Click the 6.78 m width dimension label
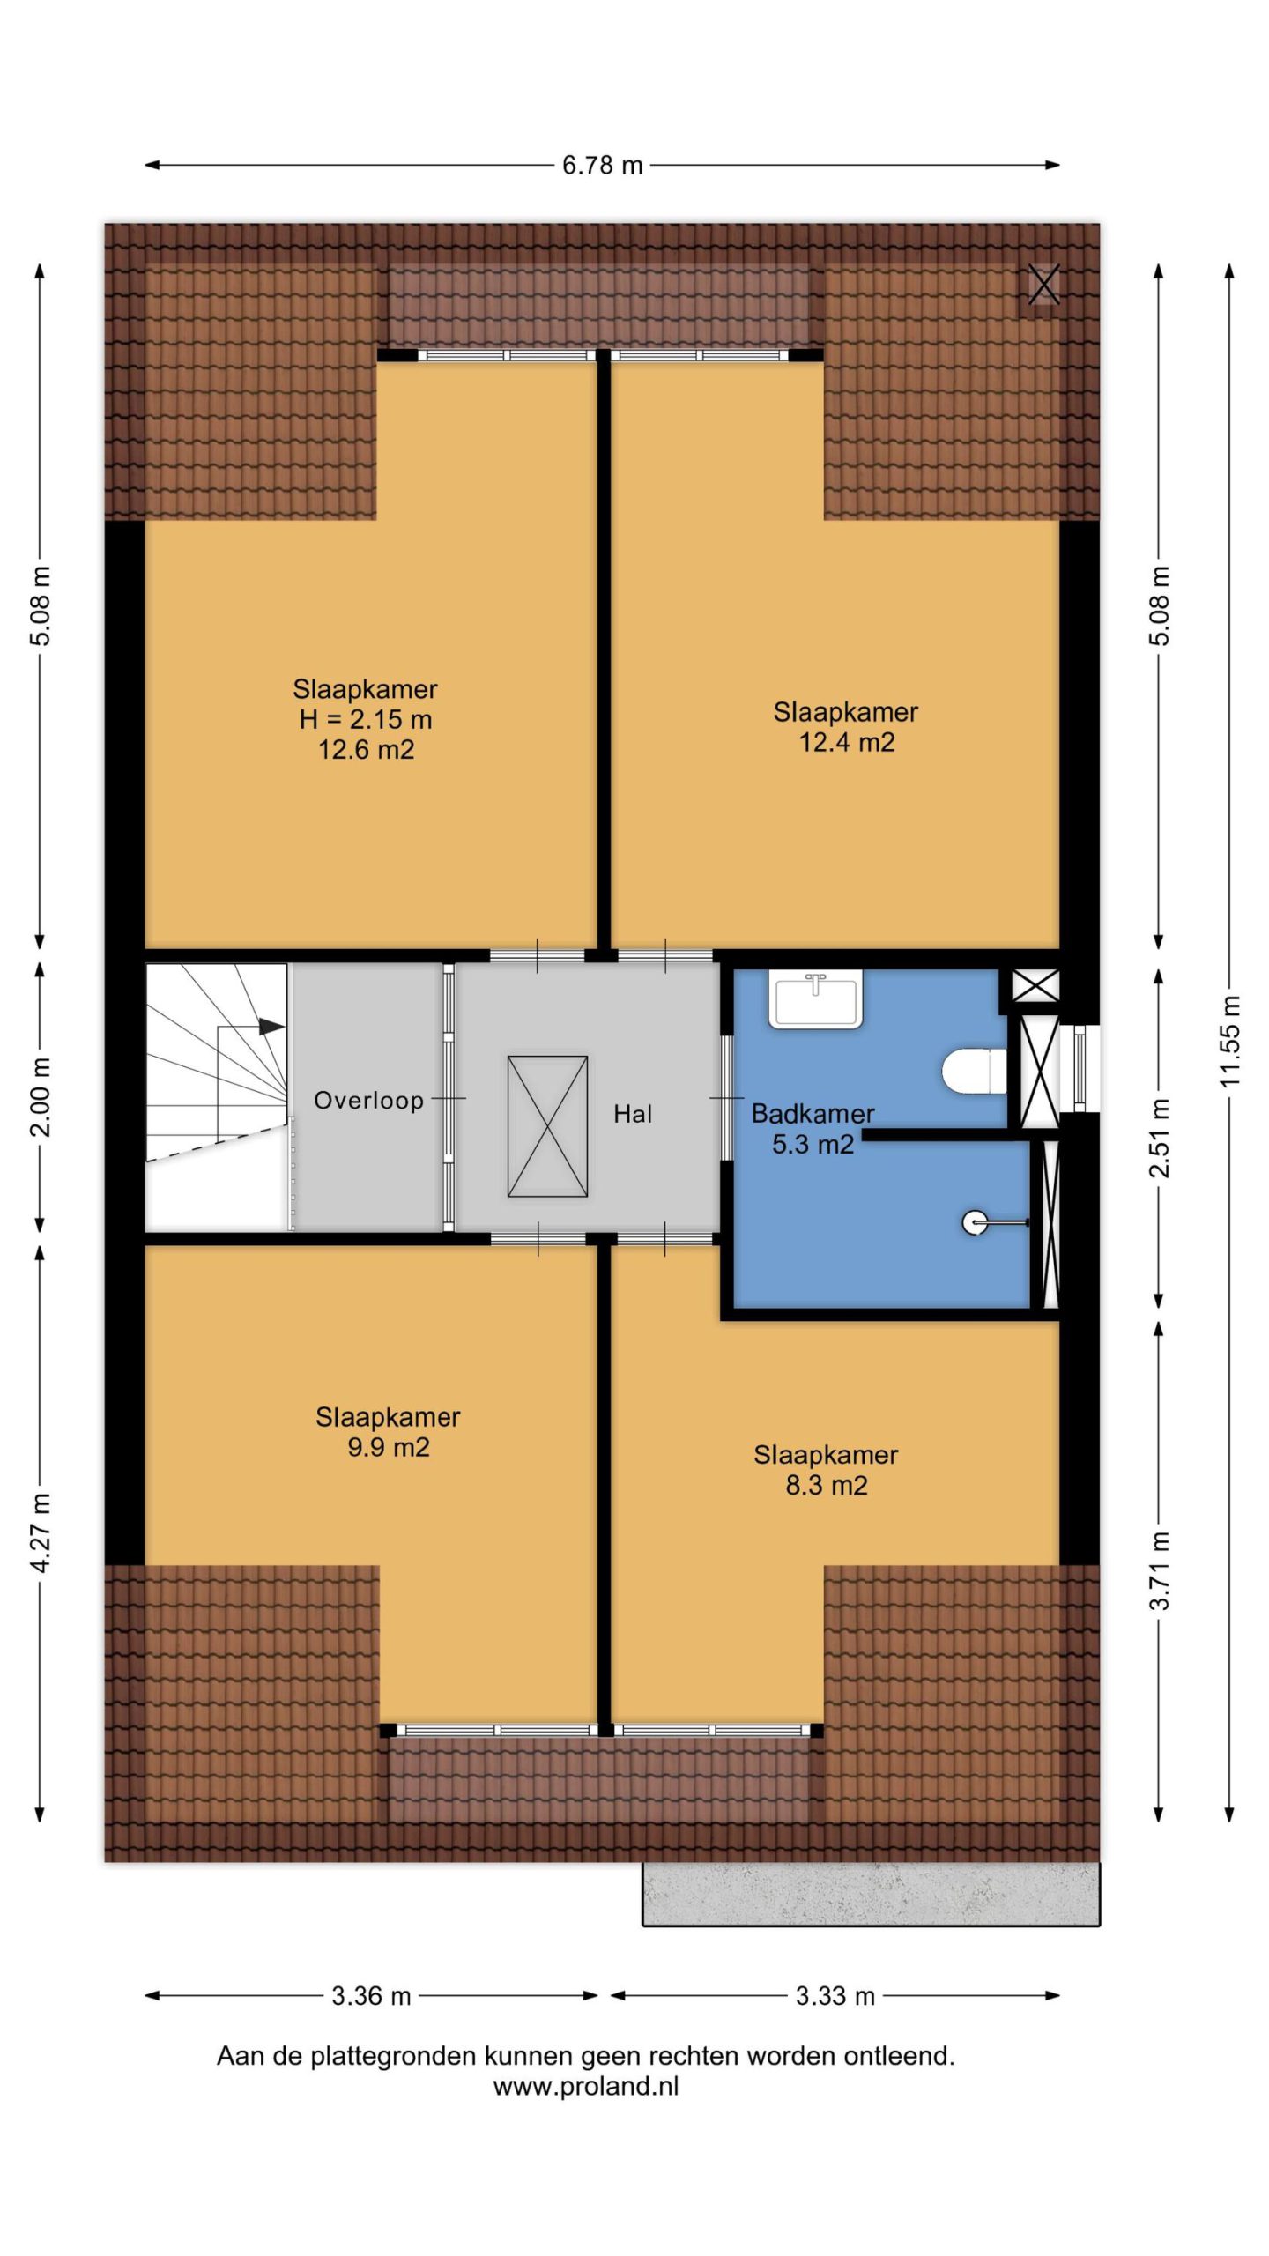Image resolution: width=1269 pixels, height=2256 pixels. tap(603, 165)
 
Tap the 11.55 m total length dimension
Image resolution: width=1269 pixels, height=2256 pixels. tap(1230, 1041)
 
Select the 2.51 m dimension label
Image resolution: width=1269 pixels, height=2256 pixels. tap(1160, 1138)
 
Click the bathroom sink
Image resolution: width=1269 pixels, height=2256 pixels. tap(815, 998)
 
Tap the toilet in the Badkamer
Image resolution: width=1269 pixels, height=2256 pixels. tap(974, 1071)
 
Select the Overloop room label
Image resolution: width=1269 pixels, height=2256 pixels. tap(369, 1101)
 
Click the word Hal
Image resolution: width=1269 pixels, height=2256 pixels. tap(633, 1114)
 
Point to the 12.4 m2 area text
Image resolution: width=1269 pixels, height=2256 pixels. tap(847, 742)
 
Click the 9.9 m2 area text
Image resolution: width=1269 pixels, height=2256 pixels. tap(389, 1447)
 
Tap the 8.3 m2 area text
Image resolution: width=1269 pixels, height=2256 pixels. tap(827, 1485)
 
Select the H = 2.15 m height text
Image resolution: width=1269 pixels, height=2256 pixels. tap(366, 719)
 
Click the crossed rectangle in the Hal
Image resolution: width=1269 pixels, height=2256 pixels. tap(547, 1126)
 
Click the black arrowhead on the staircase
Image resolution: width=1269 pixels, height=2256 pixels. tap(271, 1027)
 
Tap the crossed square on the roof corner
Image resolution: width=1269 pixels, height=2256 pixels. tap(1043, 285)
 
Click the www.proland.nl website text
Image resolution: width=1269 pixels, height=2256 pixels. tap(586, 2086)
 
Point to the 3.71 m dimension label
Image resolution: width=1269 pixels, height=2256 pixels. tap(1160, 1570)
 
